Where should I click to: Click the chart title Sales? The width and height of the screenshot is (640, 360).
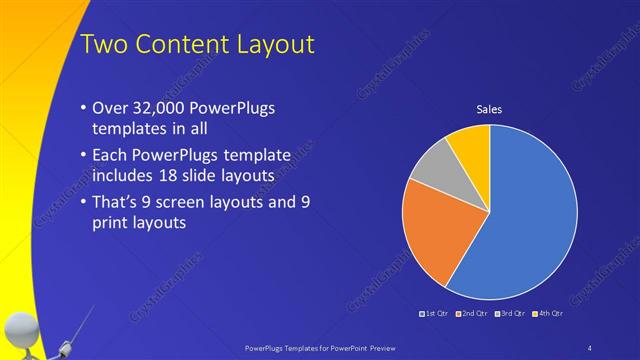point(489,109)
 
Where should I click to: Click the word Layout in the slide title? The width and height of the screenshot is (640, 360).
point(275,44)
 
